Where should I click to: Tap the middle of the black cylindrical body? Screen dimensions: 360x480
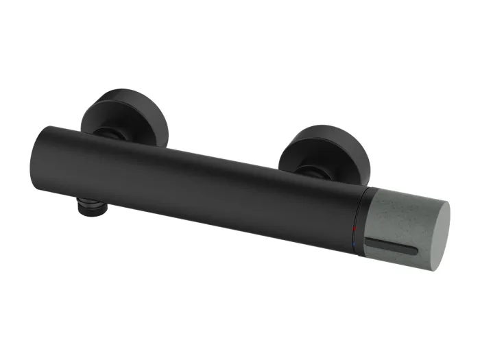click(199, 185)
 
